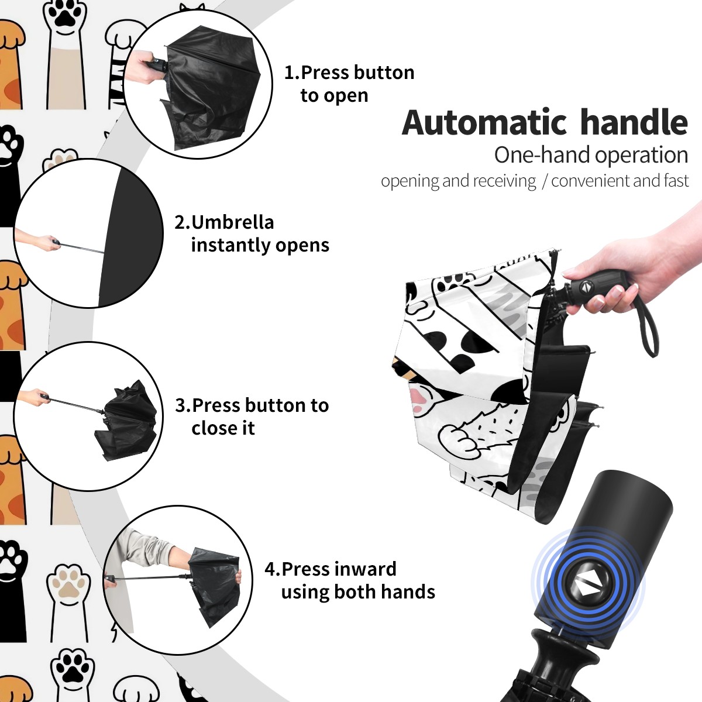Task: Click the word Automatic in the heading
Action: pos(484,123)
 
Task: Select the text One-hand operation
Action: pos(591,155)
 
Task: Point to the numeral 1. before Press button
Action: pos(291,73)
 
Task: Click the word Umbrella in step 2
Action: pos(232,222)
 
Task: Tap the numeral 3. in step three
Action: pos(183,405)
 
